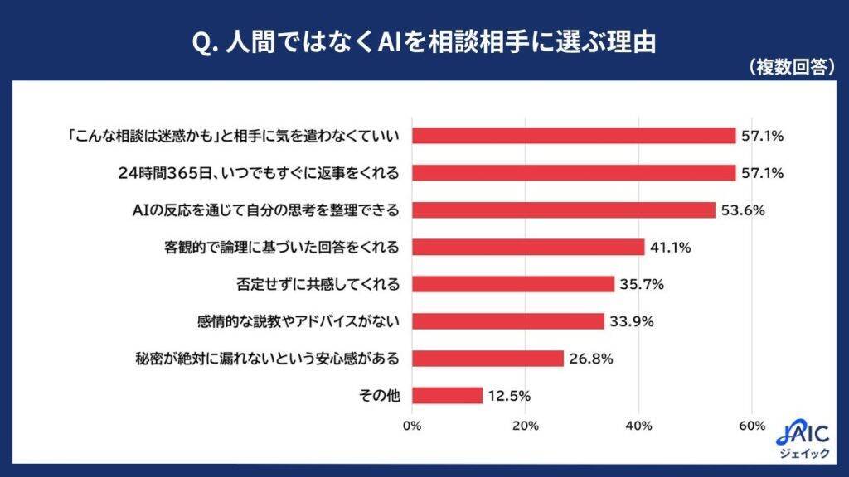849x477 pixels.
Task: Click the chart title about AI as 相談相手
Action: pyautogui.click(x=424, y=41)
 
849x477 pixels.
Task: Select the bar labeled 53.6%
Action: pyautogui.click(x=563, y=210)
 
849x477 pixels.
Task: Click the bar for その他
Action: pyautogui.click(x=447, y=395)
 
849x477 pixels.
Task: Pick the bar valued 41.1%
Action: pyautogui.click(x=527, y=247)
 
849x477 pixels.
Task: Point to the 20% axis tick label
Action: pyautogui.click(x=526, y=426)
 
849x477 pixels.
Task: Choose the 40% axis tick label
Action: pyautogui.click(x=639, y=426)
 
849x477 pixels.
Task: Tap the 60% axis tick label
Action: pyautogui.click(x=752, y=426)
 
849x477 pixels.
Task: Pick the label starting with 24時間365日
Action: pyautogui.click(x=260, y=173)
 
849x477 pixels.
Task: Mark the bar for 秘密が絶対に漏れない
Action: pyautogui.click(x=488, y=359)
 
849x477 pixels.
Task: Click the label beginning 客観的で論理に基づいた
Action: pyautogui.click(x=282, y=247)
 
